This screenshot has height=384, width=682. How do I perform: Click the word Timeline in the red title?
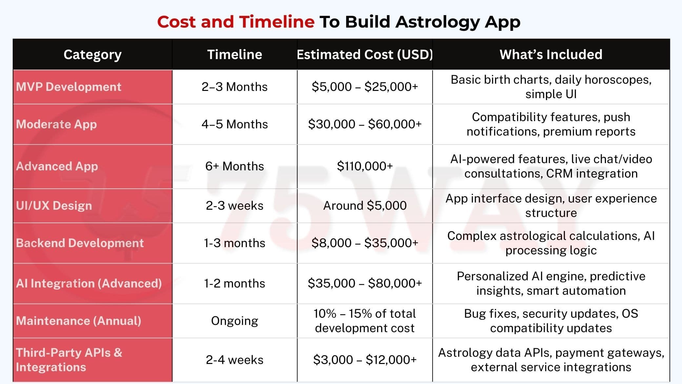277,22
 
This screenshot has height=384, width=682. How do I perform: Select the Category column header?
92,55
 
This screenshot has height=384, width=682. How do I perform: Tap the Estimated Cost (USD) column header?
365,54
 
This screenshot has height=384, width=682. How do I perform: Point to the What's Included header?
551,54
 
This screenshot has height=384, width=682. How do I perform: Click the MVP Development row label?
69,87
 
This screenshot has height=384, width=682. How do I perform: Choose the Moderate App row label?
56,124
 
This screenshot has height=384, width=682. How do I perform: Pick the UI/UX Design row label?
54,206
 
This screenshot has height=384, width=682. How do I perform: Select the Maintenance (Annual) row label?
78,321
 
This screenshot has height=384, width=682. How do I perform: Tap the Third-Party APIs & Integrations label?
69,360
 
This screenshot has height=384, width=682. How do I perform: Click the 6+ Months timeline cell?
234,166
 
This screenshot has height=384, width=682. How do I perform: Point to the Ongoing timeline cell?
234,321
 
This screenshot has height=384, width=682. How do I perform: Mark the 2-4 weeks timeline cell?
234,360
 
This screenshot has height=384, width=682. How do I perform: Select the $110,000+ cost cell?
365,166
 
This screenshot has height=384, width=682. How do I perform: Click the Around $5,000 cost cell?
365,205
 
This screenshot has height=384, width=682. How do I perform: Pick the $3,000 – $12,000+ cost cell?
365,360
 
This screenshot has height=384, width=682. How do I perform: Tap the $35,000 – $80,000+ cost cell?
365,283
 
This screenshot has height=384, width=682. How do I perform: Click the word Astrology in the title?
437,22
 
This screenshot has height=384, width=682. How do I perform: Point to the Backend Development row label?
80,243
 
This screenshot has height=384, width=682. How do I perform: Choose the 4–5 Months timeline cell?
234,124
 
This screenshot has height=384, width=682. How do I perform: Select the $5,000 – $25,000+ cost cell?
365,87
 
